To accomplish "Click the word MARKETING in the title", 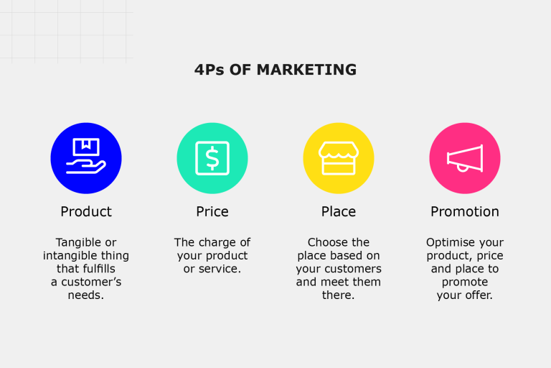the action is click(307, 70).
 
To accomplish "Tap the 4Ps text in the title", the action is click(209, 70).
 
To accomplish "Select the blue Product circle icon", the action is click(86, 158).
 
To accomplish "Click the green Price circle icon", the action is click(212, 158).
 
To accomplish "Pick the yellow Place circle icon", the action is click(339, 158).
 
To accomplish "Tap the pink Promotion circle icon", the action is click(465, 158).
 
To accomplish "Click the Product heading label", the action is click(86, 211).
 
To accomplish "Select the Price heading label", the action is click(212, 211).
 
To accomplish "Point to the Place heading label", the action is click(339, 211).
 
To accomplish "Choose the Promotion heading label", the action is click(465, 211).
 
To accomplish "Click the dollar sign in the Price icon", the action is click(212, 158).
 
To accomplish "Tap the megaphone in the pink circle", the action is click(465, 158).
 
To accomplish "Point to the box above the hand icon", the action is click(86, 147).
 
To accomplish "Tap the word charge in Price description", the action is click(215, 243).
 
